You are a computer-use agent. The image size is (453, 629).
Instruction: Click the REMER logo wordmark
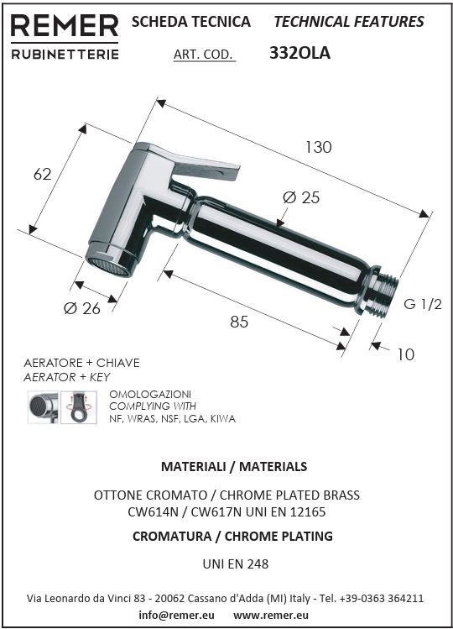(65, 26)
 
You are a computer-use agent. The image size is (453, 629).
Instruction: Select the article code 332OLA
(299, 53)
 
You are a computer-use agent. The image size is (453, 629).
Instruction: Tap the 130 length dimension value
(318, 147)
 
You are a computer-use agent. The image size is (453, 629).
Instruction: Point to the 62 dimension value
(43, 174)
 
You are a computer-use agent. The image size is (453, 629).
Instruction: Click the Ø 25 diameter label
(301, 197)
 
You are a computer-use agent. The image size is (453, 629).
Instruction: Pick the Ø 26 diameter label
(82, 308)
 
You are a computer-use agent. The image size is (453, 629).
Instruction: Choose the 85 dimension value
(239, 322)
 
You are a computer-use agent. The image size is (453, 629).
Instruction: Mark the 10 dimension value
(406, 354)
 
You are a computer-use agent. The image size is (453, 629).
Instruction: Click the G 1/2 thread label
(423, 304)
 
